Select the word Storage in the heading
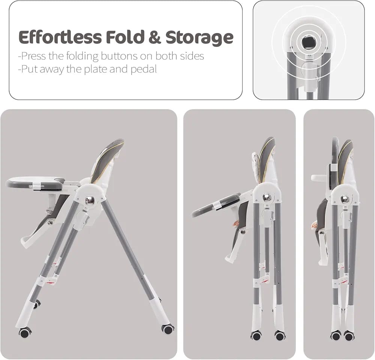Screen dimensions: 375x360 199,38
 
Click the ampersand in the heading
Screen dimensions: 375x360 155,37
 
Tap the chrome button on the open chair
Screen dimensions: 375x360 90,199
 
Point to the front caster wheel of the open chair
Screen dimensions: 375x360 25,332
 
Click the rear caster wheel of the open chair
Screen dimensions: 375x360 168,329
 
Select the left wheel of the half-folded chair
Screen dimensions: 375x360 256,336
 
